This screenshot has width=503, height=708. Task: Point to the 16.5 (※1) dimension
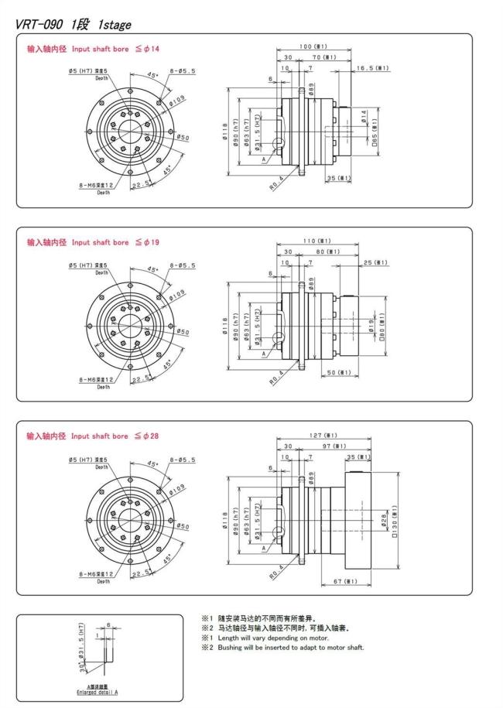click(x=371, y=68)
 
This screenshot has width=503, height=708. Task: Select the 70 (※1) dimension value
click(x=323, y=57)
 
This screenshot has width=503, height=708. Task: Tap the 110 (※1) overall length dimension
click(x=318, y=240)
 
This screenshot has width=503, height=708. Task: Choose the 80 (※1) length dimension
click(x=328, y=251)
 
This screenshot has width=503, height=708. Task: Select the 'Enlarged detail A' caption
click(x=91, y=691)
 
